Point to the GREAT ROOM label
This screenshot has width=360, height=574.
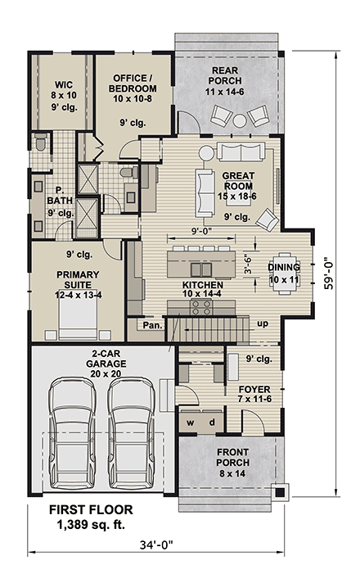click(237, 186)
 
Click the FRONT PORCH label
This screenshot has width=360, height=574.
click(234, 456)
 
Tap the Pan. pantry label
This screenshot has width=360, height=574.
click(152, 324)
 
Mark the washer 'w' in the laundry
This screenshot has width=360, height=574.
click(191, 422)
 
